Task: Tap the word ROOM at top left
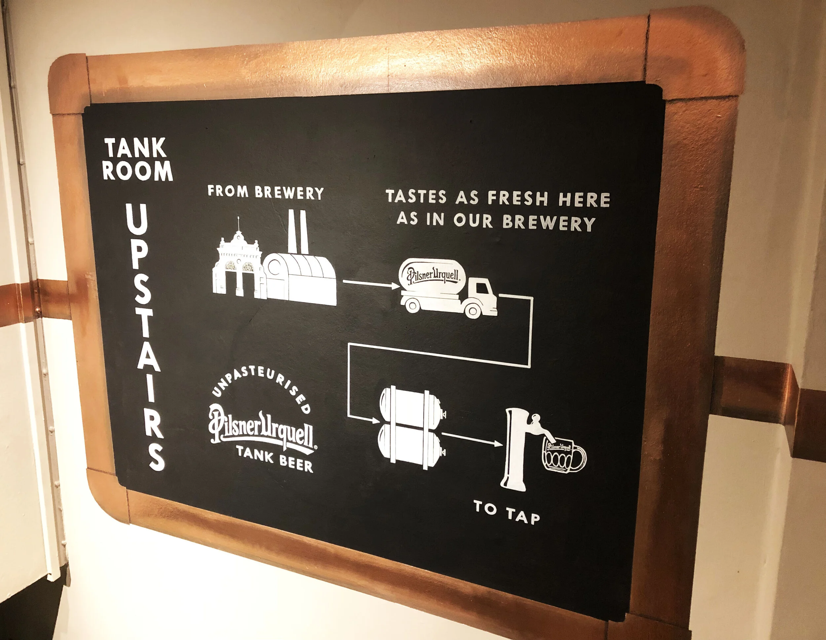click(137, 171)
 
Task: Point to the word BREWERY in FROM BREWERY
click(289, 193)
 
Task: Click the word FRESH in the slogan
click(517, 198)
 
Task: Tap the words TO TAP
click(507, 512)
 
